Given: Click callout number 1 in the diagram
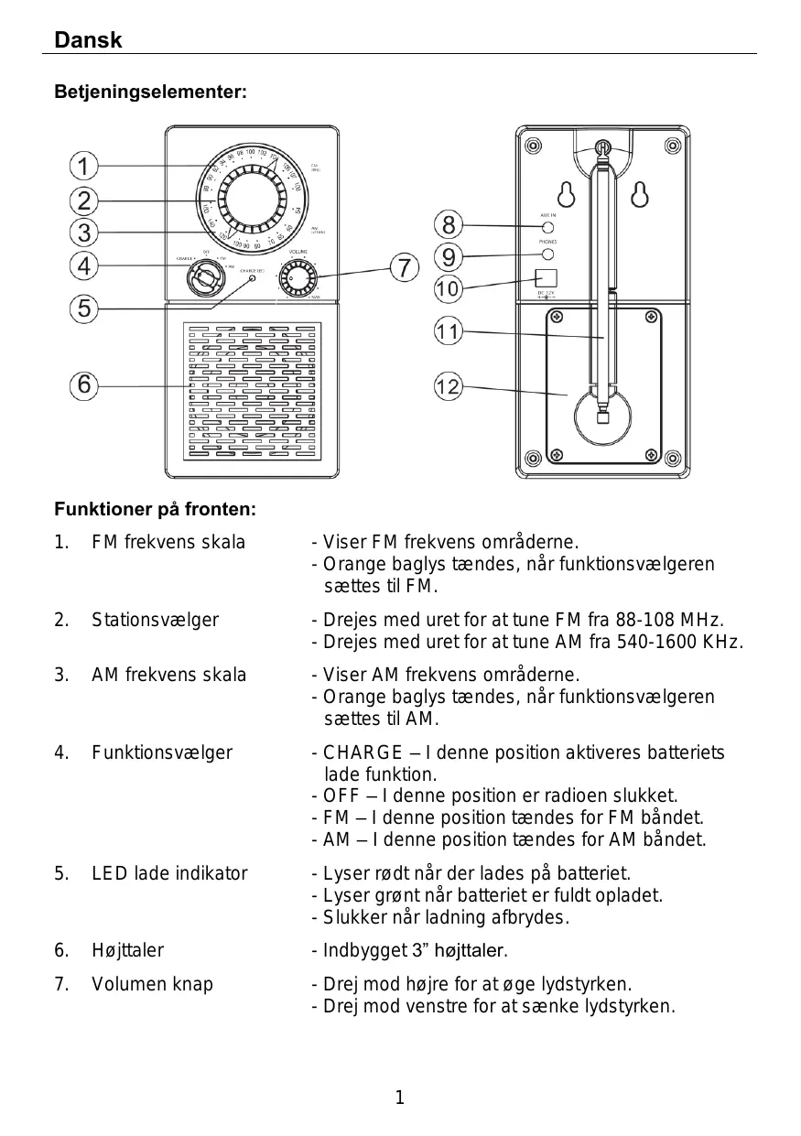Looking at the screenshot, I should (83, 168).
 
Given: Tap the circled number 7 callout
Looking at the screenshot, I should (404, 268).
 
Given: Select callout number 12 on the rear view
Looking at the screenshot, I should (447, 387).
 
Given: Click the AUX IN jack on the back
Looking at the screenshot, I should (547, 227).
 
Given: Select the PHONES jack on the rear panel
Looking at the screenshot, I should (547, 254).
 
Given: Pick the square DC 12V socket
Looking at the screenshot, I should (547, 277).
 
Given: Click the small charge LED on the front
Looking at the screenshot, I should (254, 280).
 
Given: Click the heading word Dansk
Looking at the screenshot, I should (88, 40).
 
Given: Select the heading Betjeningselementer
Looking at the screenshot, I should (150, 92).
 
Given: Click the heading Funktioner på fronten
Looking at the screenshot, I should (155, 508).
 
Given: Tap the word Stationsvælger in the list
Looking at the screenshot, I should (155, 620).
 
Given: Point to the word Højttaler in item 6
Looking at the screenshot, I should (127, 950).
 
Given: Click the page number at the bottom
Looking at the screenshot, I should (399, 1097).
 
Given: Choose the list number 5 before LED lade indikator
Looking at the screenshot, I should (60, 873).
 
